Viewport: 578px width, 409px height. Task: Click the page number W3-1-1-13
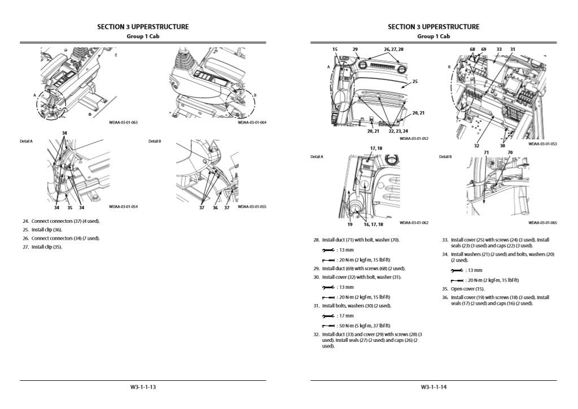tap(143, 387)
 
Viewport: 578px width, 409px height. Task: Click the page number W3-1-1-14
tap(433, 387)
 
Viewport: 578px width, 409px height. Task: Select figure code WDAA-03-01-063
tap(123, 122)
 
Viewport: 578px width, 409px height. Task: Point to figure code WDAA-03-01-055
tap(252, 206)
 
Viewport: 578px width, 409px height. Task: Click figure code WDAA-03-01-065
tap(542, 223)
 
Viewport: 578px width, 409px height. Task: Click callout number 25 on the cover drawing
tap(415, 82)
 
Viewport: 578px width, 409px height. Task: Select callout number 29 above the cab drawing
tap(356, 50)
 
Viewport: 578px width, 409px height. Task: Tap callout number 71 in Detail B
tap(486, 152)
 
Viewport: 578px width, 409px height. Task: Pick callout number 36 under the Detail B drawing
tap(214, 208)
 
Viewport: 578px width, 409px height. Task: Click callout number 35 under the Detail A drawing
tap(68, 208)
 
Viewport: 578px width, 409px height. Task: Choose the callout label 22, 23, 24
tap(399, 131)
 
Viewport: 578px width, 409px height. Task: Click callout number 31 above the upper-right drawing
tap(513, 50)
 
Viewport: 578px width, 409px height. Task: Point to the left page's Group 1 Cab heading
tap(143, 36)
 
